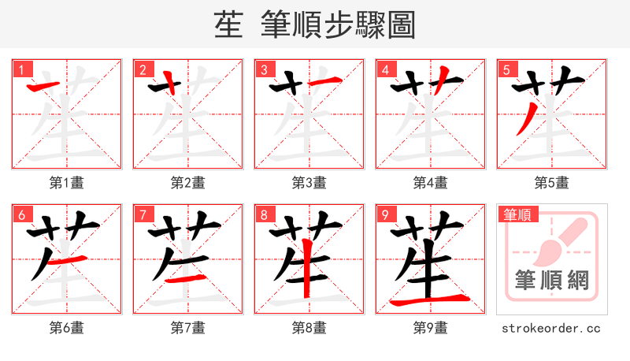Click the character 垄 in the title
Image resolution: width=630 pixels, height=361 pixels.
click(x=228, y=25)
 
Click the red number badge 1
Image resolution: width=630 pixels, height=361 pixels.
click(x=21, y=69)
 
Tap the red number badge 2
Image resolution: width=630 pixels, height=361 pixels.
click(x=143, y=69)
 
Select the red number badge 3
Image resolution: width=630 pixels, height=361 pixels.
click(x=264, y=69)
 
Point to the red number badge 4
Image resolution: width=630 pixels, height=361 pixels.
click(x=385, y=69)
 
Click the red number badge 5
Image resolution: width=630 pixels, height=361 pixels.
click(x=506, y=69)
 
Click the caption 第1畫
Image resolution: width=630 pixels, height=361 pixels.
click(x=67, y=183)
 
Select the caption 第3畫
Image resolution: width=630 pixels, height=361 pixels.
click(x=309, y=183)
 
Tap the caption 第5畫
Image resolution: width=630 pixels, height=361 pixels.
click(x=552, y=183)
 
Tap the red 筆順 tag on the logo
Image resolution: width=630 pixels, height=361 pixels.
click(x=517, y=214)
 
